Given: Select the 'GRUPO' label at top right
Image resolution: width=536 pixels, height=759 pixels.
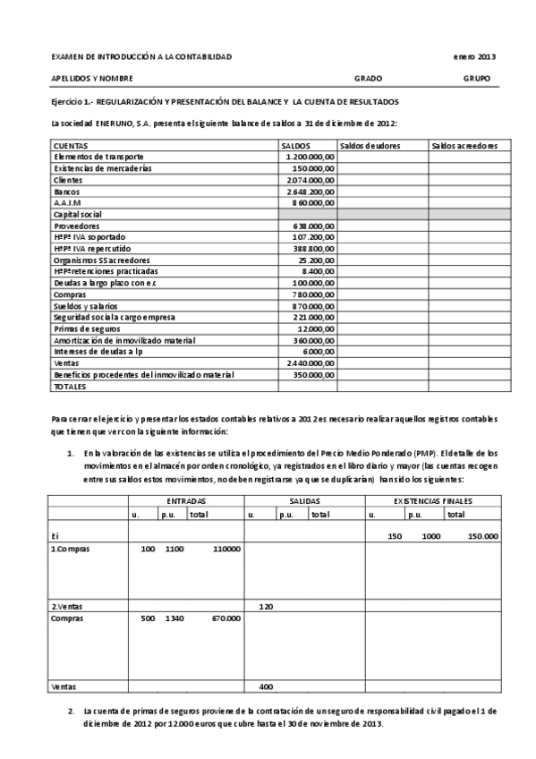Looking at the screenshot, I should point(477,79).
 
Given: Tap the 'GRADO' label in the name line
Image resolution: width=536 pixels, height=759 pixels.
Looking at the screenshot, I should point(368,79).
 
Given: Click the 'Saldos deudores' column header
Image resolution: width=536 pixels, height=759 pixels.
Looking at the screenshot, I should point(370,145).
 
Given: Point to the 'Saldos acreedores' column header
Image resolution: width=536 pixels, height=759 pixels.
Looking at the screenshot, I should point(464,145).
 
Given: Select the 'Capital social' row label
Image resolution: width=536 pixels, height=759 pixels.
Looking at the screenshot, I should point(79,215).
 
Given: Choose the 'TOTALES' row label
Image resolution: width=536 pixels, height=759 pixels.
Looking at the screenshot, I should point(71,388).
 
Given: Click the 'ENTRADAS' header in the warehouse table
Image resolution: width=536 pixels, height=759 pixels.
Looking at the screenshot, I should point(186,501).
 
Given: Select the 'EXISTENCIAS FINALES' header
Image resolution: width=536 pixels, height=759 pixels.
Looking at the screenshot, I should point(433,501).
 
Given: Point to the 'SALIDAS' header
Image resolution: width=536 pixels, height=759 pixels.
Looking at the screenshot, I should point(306,501).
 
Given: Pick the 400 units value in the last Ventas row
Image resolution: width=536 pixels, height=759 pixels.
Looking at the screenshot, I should point(266,687).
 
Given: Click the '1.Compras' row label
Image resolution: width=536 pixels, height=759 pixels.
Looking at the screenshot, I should point(71,548).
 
